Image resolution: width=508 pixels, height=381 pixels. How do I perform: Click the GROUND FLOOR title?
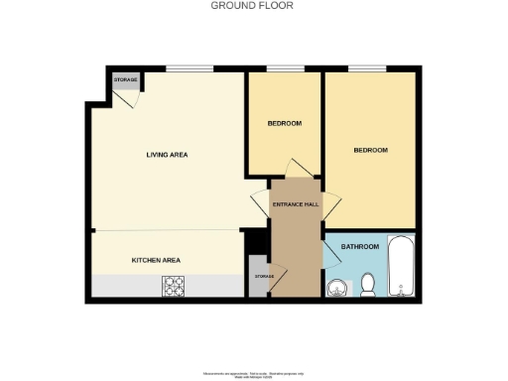tap(252, 6)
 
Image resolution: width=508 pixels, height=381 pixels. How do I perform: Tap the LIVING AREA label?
tap(167, 155)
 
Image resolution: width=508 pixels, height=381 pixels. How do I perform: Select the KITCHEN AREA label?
tap(156, 260)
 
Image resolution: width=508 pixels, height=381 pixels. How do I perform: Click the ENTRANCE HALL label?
tap(296, 204)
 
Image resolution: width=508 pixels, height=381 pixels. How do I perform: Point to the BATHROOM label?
tap(359, 246)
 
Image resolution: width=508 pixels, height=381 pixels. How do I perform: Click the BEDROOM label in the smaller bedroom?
tap(284, 124)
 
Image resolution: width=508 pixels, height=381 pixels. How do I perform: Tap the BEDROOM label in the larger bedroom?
tap(370, 150)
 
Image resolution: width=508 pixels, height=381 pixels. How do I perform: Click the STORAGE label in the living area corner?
tap(125, 78)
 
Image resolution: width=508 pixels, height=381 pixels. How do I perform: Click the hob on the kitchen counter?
tap(174, 286)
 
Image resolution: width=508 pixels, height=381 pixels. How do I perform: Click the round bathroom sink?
tap(337, 288)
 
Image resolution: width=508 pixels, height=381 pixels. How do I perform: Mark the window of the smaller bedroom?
tap(285, 68)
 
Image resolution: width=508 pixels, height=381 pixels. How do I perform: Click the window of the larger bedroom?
tap(366, 68)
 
